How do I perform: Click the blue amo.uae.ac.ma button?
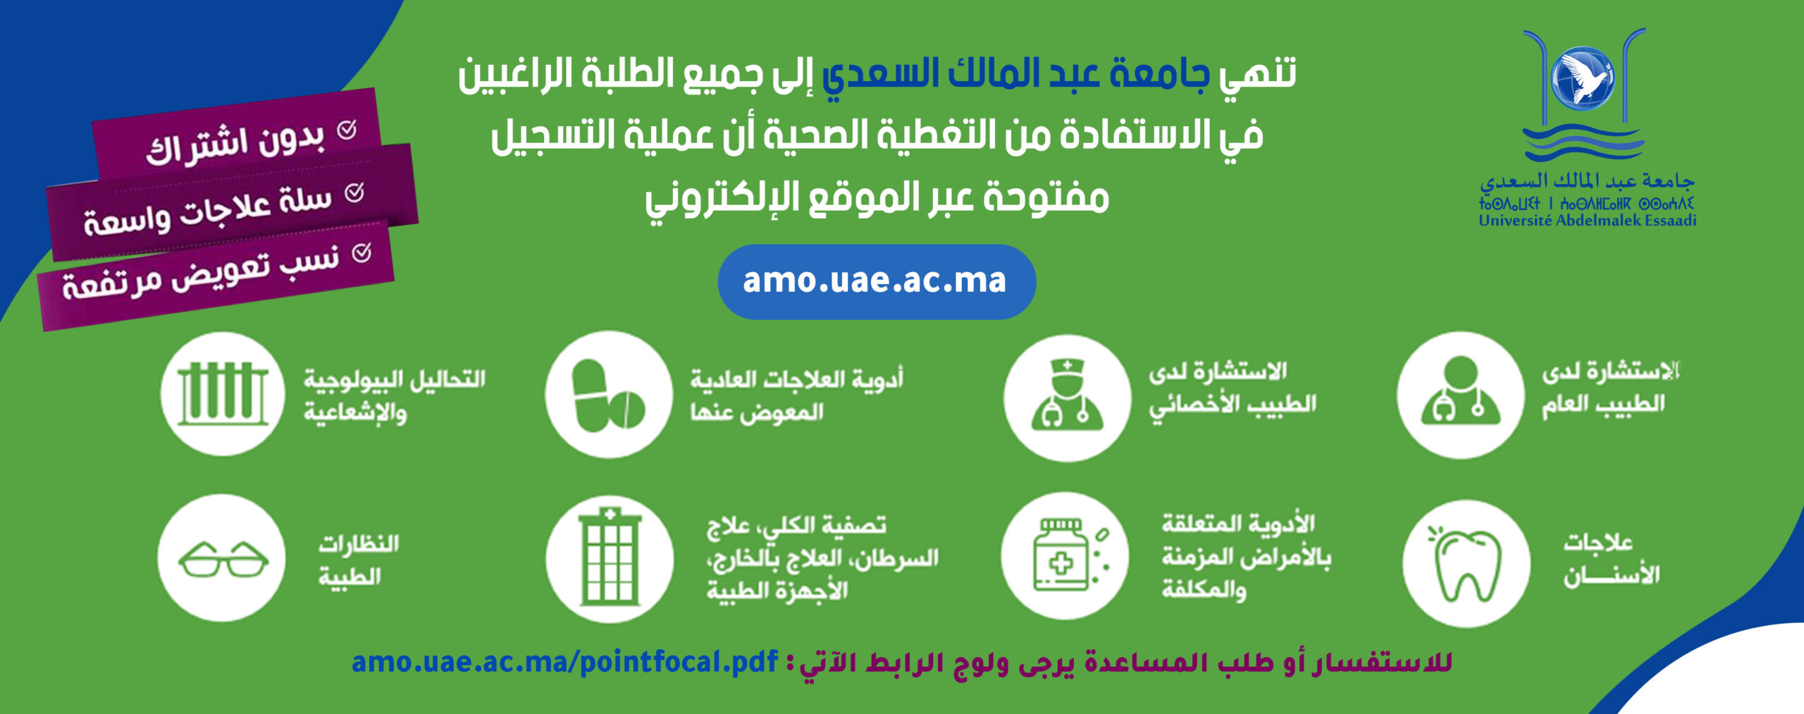877,282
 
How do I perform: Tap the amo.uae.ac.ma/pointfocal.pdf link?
564,663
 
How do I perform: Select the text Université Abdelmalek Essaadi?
1588,221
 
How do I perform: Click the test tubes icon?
223,394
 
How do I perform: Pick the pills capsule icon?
609,395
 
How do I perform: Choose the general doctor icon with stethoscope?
1461,395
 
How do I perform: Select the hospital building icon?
610,559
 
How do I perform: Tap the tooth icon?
1466,563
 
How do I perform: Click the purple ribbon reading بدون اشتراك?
237,136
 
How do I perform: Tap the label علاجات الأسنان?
1611,560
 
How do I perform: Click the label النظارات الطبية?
359,560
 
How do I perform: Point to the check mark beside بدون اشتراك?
347,130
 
